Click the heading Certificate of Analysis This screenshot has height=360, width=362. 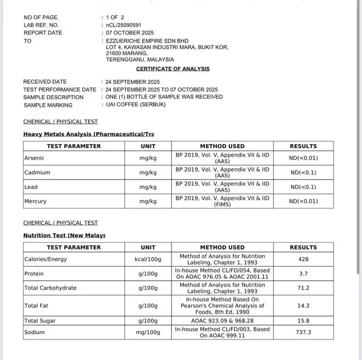[x=173, y=68]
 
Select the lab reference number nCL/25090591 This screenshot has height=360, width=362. [x=124, y=25]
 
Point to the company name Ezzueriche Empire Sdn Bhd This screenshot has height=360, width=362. [x=147, y=41]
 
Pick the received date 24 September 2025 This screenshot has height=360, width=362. [x=133, y=82]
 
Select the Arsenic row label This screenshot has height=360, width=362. [x=35, y=158]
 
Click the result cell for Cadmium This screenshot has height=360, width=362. [x=303, y=172]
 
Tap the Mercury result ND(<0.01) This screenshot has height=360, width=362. [x=303, y=201]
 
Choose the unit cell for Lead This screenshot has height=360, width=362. [x=148, y=187]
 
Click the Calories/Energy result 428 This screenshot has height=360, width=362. [x=303, y=259]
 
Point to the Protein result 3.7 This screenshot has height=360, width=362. [x=303, y=274]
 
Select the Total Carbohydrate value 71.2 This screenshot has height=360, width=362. [x=303, y=288]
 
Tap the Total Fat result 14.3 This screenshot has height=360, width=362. [x=303, y=305]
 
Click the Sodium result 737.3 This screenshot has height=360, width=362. [x=303, y=332]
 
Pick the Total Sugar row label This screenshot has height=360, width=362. [x=40, y=320]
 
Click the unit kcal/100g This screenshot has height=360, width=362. [x=148, y=259]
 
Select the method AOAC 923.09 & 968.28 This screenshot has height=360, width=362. [x=222, y=320]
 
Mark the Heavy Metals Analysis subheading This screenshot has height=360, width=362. [x=89, y=134]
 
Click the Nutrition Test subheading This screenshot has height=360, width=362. [x=64, y=235]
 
